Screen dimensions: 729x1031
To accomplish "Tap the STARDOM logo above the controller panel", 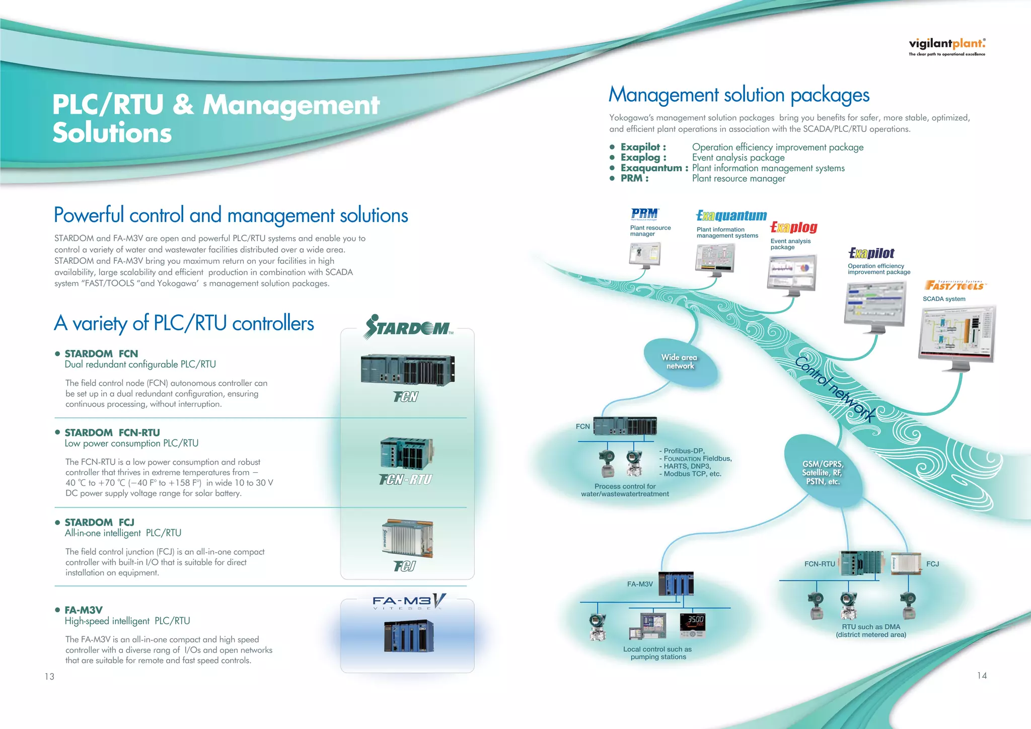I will click(x=408, y=327).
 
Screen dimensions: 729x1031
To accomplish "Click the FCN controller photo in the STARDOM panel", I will click(x=407, y=369).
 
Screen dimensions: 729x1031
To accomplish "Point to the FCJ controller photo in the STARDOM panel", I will click(x=407, y=538).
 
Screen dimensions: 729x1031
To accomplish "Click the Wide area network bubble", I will click(x=680, y=361).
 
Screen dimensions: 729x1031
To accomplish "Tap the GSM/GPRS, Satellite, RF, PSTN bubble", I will click(x=823, y=472).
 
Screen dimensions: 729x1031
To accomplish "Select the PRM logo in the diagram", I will click(x=644, y=214).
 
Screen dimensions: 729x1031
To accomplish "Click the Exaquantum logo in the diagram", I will click(x=731, y=216).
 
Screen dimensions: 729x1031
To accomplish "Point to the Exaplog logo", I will click(x=794, y=228).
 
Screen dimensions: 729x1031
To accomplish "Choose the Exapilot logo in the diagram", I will click(x=871, y=253).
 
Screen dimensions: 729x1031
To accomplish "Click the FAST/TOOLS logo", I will click(x=954, y=285).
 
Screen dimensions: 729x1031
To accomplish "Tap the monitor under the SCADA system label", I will click(x=957, y=335).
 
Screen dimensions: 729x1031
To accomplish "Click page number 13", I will click(x=49, y=677).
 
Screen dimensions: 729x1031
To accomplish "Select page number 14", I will click(x=982, y=676).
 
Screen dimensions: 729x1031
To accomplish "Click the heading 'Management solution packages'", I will click(x=739, y=95).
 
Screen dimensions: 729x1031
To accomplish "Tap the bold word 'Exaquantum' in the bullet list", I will click(x=651, y=168).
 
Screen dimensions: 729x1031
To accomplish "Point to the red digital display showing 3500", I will click(x=693, y=623).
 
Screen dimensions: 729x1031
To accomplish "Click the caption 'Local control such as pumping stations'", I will click(x=657, y=653).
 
